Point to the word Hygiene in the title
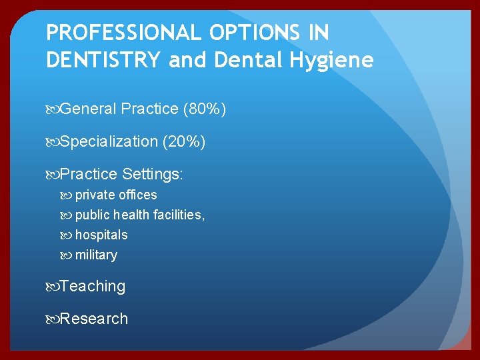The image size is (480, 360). tap(332, 61)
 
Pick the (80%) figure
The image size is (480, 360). tap(205, 109)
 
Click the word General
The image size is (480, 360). tap(89, 109)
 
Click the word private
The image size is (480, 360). tap(95, 195)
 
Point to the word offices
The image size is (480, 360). tap(138, 195)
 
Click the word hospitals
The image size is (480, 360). tap(101, 235)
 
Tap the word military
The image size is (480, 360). tap(96, 255)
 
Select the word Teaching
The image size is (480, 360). tap(93, 286)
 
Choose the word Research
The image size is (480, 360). tap(94, 319)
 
